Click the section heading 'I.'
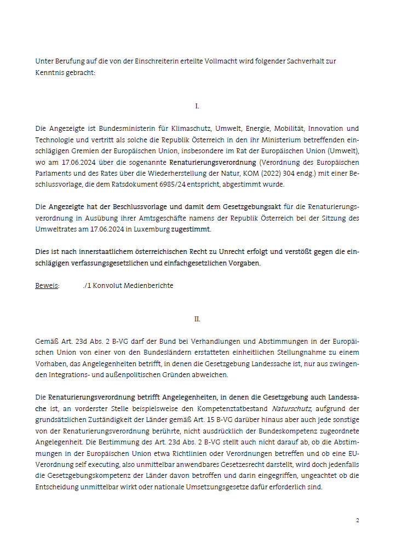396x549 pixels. pyautogui.click(x=197, y=106)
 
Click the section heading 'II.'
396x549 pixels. pyautogui.click(x=197, y=319)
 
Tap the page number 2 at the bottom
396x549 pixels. pyautogui.click(x=358, y=520)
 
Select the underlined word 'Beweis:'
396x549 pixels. pyautogui.click(x=47, y=285)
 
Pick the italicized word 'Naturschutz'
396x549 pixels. pyautogui.click(x=292, y=408)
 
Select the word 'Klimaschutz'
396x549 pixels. pyautogui.click(x=176, y=129)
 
